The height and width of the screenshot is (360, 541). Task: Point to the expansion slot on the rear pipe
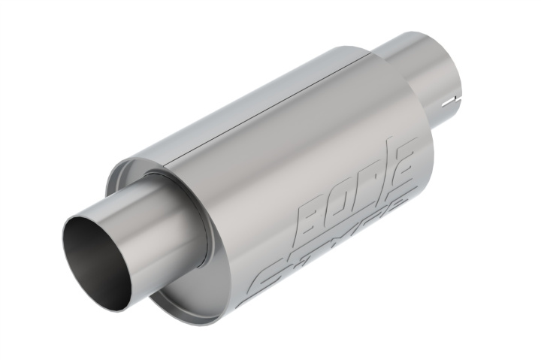pos(451,99)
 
